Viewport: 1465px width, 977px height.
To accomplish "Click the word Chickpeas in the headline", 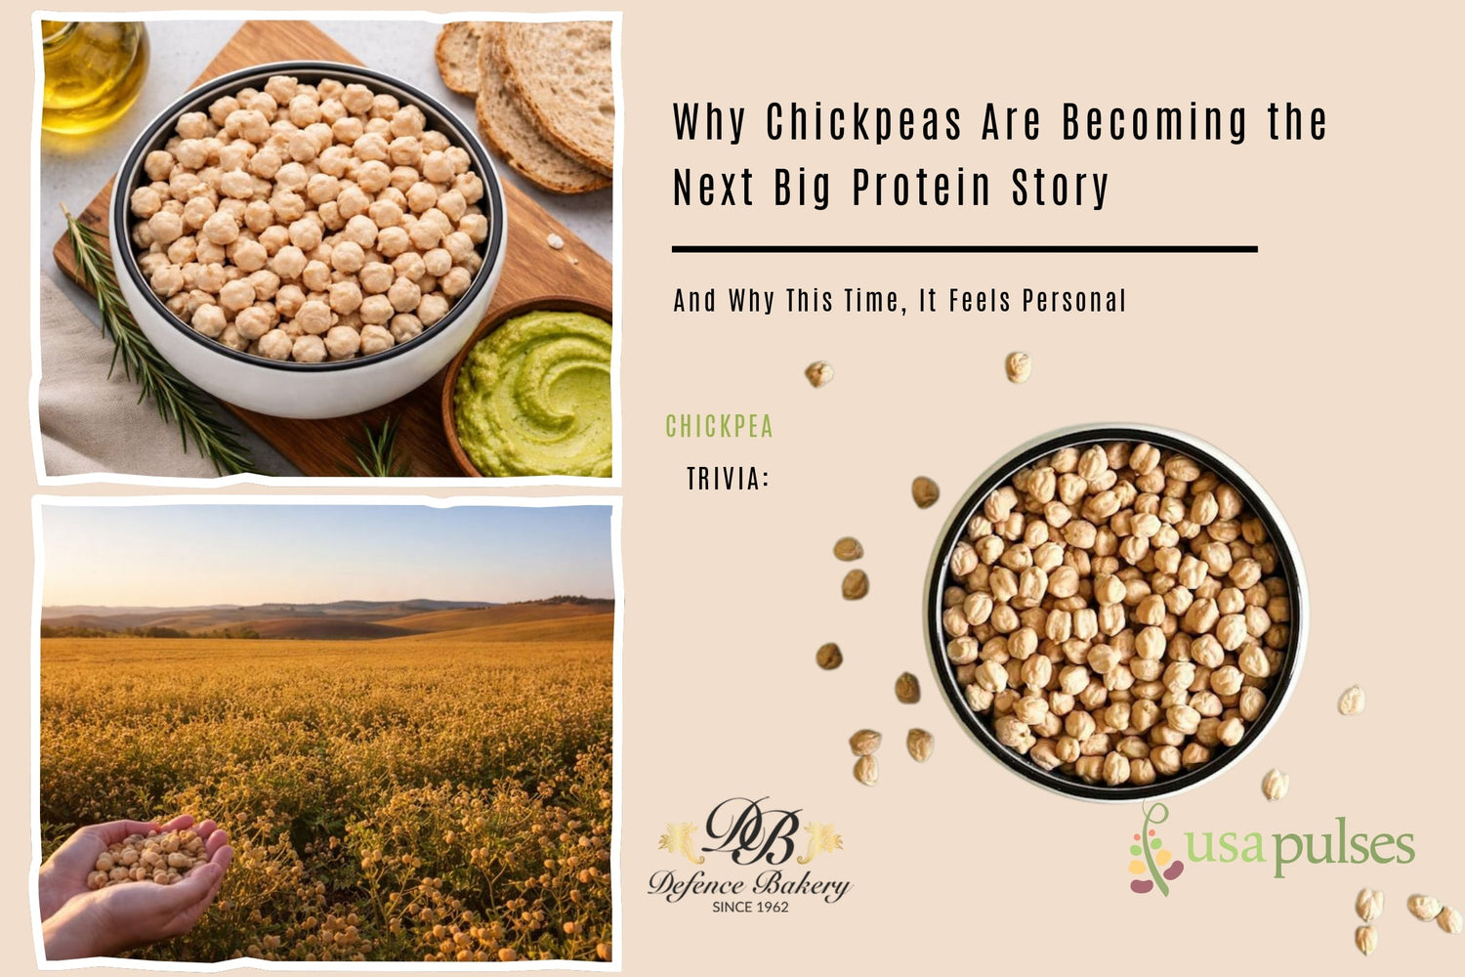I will (863, 123).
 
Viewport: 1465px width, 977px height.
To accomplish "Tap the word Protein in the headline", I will (921, 188).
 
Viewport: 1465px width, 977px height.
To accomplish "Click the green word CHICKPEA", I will (719, 427).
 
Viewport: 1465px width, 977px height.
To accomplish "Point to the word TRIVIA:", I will (728, 479).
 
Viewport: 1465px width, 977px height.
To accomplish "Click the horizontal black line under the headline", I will (964, 250).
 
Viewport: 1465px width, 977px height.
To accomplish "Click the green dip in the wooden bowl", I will (535, 395).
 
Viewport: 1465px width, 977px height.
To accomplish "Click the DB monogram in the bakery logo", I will (750, 832).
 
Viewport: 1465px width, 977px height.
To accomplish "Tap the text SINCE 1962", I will (750, 907).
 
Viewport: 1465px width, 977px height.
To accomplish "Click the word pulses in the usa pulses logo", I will (1344, 846).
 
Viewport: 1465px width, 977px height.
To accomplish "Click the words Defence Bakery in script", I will (749, 884).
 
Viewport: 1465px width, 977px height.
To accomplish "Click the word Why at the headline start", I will (708, 123).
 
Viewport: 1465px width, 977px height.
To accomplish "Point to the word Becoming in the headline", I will (1154, 123).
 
